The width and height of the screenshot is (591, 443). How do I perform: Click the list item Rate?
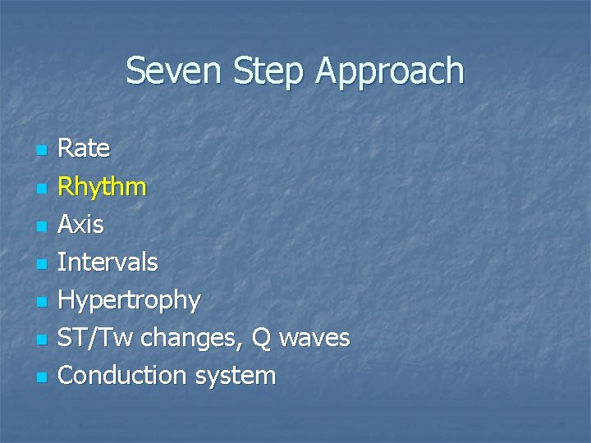[x=84, y=148]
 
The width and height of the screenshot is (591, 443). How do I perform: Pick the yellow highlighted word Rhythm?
[x=103, y=187]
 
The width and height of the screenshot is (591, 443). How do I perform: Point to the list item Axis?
[x=81, y=224]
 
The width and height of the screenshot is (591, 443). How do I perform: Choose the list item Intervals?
[x=108, y=263]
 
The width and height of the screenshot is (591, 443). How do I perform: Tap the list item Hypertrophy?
[x=129, y=300]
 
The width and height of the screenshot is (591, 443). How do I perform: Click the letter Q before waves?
[x=261, y=337]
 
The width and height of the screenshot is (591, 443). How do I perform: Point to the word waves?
[x=314, y=337]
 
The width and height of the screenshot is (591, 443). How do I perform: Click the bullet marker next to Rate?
[x=41, y=151]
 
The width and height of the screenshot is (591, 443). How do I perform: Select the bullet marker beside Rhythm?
[x=41, y=189]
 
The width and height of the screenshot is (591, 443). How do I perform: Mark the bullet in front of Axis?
[x=41, y=226]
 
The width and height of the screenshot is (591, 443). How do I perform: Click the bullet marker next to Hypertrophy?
[x=41, y=302]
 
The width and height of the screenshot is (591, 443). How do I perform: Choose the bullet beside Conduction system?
[x=41, y=377]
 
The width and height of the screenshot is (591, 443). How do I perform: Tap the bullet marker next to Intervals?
[x=41, y=264]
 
